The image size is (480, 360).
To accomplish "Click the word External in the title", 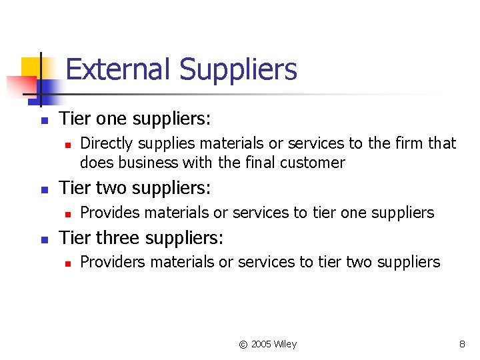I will tap(119, 69).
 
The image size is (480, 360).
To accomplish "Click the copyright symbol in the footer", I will tap(243, 345).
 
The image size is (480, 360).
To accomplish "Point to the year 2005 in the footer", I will tap(262, 345).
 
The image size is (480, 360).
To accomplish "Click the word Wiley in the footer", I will tap(286, 345).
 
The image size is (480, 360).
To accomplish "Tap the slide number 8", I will tap(462, 345).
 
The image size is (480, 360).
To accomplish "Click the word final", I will tap(267, 163).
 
